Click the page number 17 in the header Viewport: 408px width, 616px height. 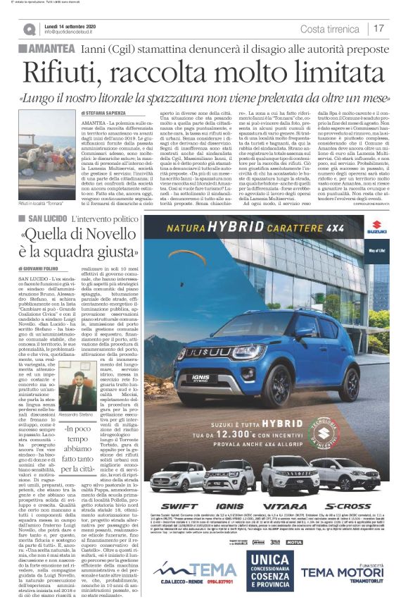coord(378,28)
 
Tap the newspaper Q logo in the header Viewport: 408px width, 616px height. coord(28,29)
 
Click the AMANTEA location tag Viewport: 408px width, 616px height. coord(49,49)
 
